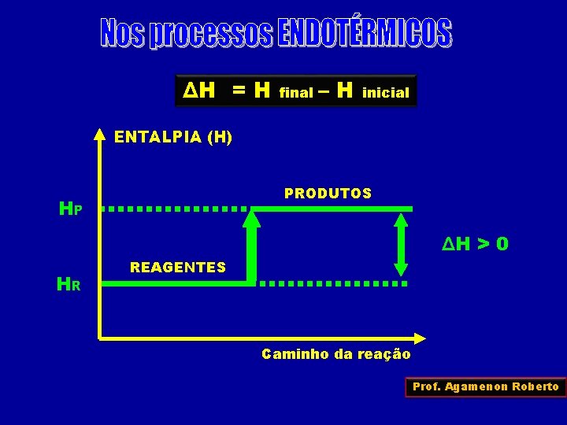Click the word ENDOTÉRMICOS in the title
click(x=365, y=33)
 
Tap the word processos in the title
click(x=211, y=35)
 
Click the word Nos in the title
click(x=123, y=33)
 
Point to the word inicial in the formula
click(x=386, y=93)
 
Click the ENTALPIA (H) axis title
click(x=173, y=137)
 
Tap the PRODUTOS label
click(x=328, y=194)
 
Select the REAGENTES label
click(x=178, y=268)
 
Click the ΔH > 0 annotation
click(x=475, y=245)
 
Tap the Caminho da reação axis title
click(x=336, y=354)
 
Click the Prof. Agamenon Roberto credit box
click(x=486, y=386)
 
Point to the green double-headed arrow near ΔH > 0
click(x=402, y=244)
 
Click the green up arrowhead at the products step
click(x=251, y=219)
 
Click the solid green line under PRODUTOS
click(x=331, y=209)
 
